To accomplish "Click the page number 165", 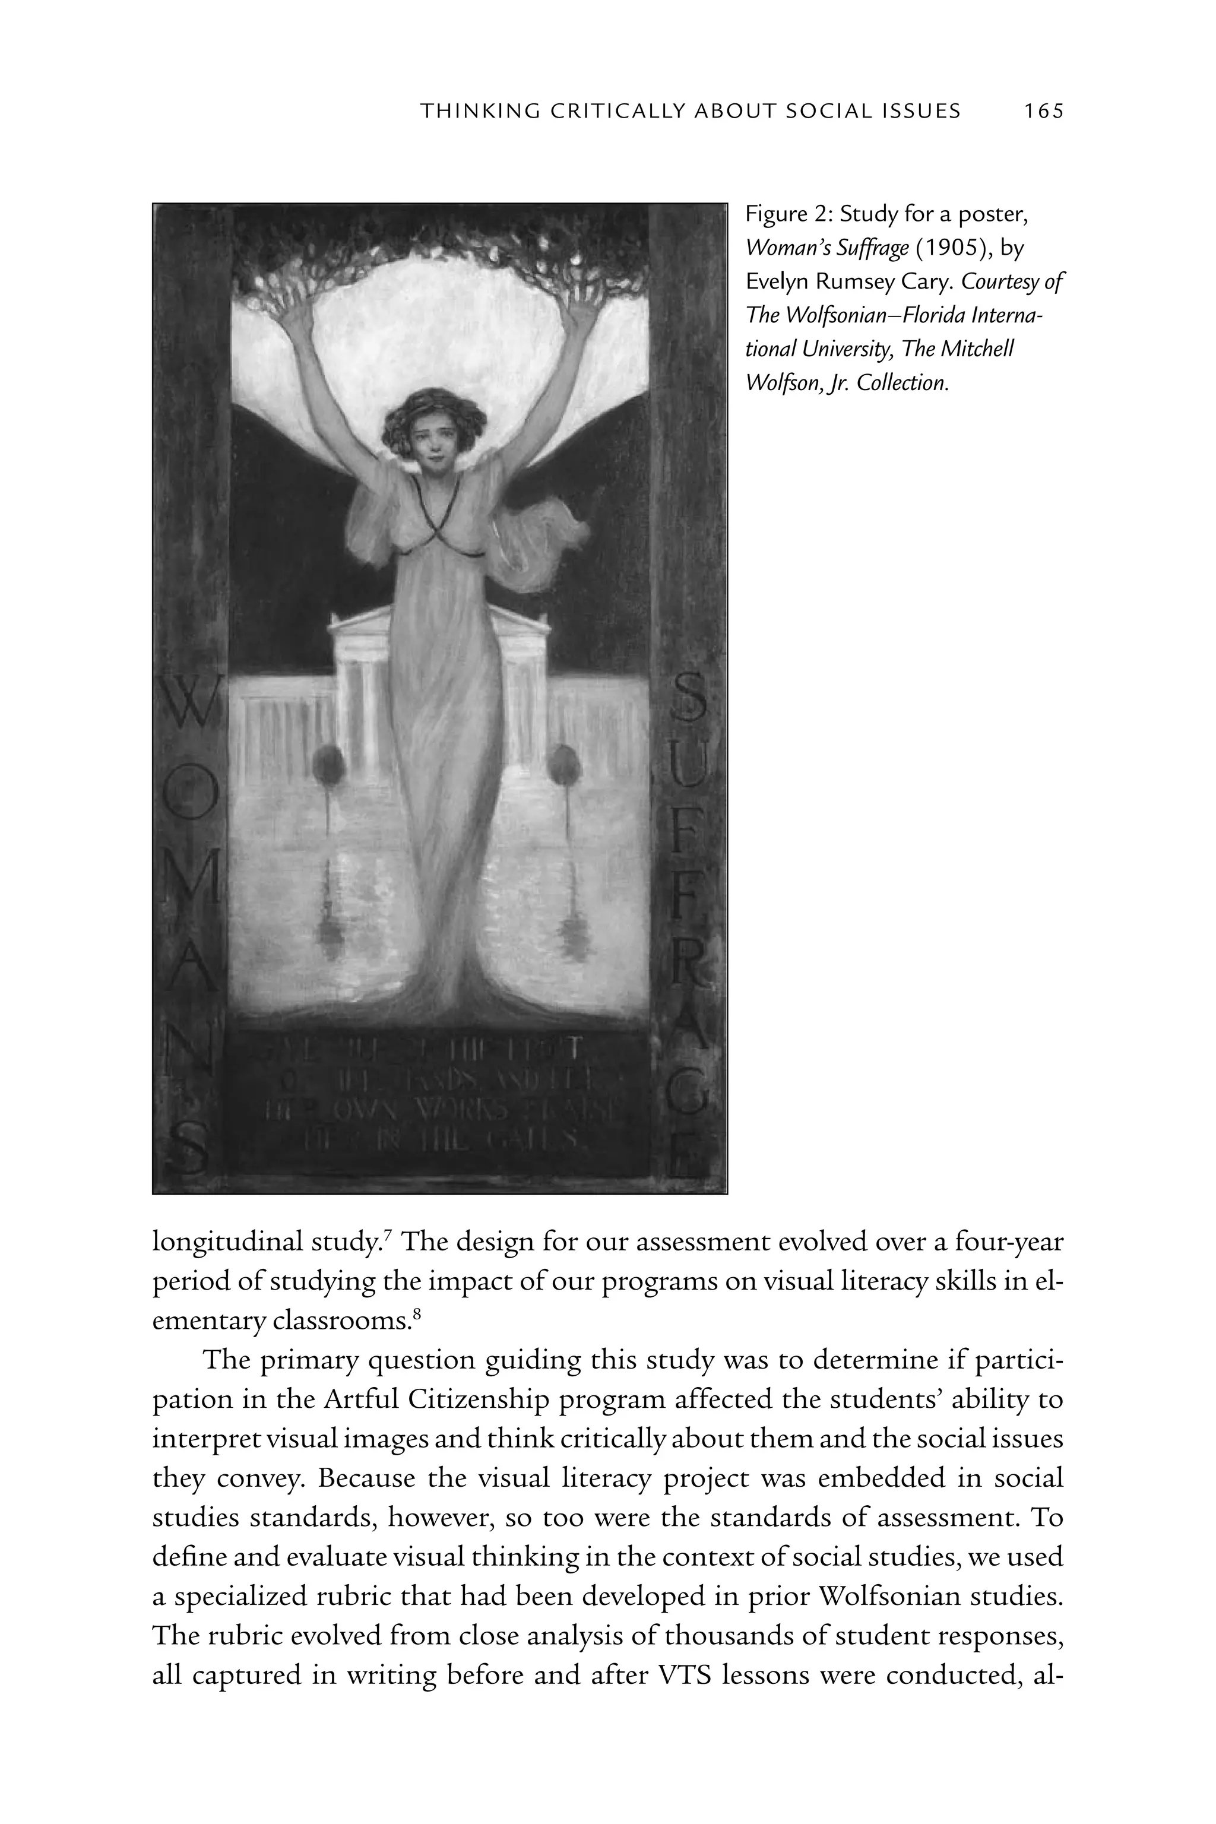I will pyautogui.click(x=1044, y=112).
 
